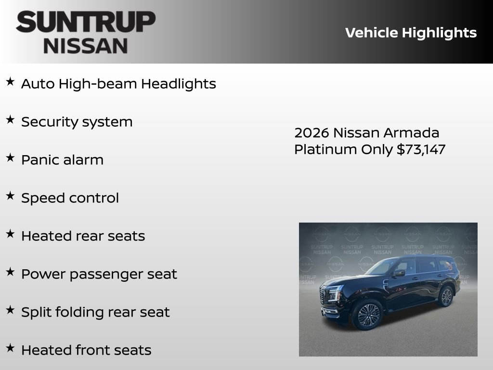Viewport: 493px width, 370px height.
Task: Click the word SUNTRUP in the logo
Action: pyautogui.click(x=86, y=22)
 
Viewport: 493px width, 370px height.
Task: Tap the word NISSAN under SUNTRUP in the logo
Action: pyautogui.click(x=86, y=45)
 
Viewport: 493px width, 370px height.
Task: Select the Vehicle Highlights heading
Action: pyautogui.click(x=411, y=33)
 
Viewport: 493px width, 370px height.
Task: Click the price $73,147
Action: pyautogui.click(x=421, y=149)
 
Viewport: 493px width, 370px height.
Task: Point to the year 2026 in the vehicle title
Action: pyautogui.click(x=311, y=133)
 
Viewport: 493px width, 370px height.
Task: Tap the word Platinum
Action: pyautogui.click(x=326, y=149)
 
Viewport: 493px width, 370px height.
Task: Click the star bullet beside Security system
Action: pyautogui.click(x=10, y=120)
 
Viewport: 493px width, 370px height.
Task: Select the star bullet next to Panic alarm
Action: pyautogui.click(x=10, y=158)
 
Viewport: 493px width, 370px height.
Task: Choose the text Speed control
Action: pyautogui.click(x=70, y=198)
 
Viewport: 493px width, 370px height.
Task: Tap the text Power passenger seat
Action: pyautogui.click(x=99, y=274)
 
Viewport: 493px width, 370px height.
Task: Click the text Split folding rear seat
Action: pyautogui.click(x=95, y=312)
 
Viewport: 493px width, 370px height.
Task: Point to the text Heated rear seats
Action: pyautogui.click(x=83, y=236)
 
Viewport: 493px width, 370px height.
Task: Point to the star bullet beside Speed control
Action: pyautogui.click(x=10, y=196)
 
